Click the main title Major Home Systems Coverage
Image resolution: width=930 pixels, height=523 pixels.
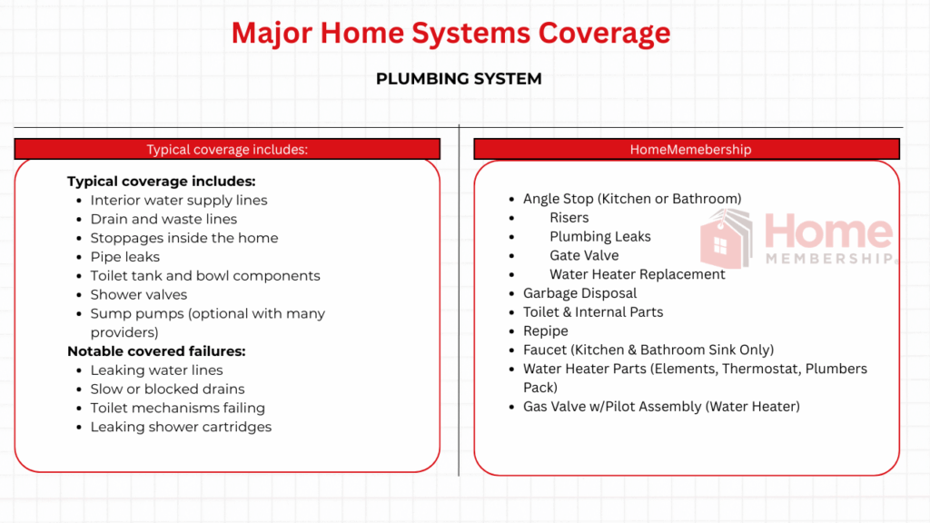(450, 33)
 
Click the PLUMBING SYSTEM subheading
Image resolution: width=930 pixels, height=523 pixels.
(459, 79)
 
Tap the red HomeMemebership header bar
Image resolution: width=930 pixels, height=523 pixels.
(687, 149)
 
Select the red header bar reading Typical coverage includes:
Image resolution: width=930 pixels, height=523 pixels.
(227, 149)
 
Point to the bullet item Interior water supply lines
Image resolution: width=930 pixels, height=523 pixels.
(179, 200)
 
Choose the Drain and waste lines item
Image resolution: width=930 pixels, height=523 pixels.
(163, 219)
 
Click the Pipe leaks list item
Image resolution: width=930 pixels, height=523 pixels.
(125, 257)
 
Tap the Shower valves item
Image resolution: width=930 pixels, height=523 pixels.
(139, 294)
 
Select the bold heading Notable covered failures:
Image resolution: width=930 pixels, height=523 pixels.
(156, 350)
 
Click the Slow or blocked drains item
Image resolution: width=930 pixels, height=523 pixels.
(168, 389)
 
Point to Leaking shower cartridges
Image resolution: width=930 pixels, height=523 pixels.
(181, 427)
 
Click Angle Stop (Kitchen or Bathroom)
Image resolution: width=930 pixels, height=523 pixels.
(632, 199)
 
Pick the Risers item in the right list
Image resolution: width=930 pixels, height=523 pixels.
(569, 218)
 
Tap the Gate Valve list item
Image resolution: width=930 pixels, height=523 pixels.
(584, 255)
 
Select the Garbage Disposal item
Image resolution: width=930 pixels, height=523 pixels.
(579, 293)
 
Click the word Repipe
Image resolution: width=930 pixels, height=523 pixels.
(545, 331)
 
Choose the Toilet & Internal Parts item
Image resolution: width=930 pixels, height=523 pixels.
(593, 312)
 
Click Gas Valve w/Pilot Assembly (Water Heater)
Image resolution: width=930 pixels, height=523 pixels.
(661, 407)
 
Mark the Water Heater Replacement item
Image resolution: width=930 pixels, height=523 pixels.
(637, 274)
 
